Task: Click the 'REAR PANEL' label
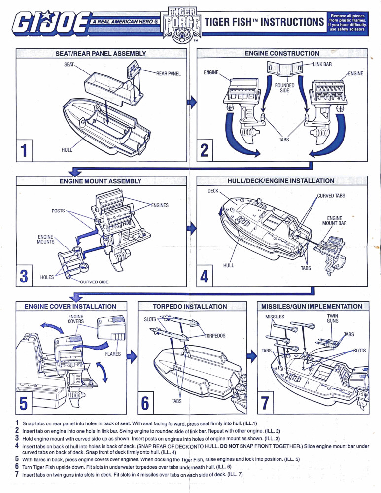point(169,74)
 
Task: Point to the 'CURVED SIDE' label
point(95,282)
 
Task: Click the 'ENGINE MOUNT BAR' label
point(335,221)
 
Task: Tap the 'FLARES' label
point(114,353)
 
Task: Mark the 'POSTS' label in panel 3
point(58,211)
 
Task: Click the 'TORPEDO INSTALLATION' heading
point(190,306)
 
